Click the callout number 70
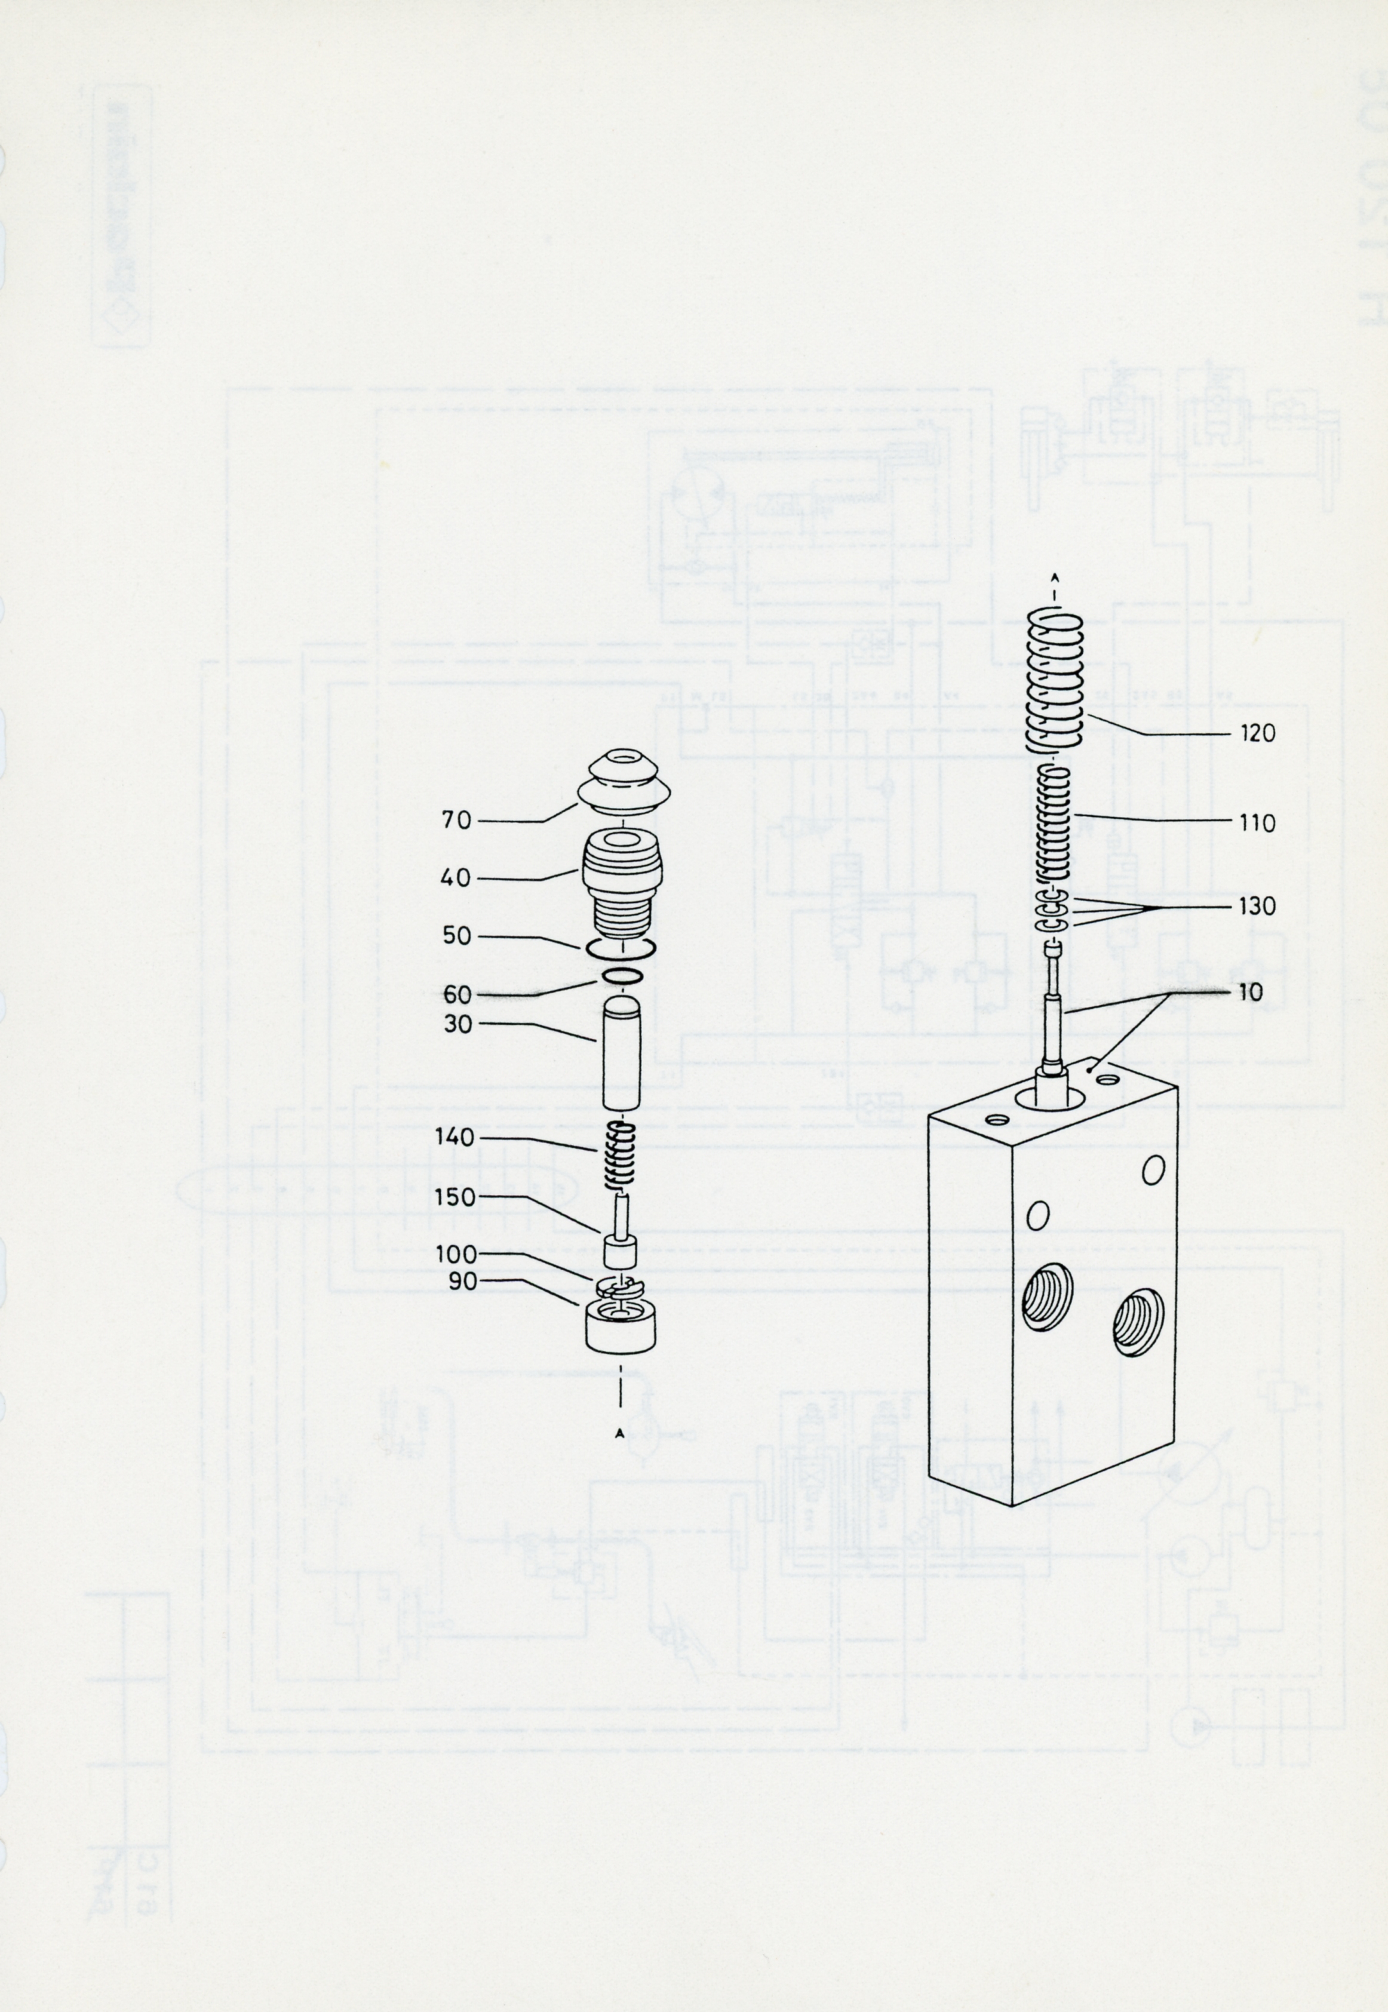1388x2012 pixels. [x=456, y=819]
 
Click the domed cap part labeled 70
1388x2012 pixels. [x=623, y=782]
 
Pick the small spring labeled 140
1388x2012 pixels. [x=621, y=1156]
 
